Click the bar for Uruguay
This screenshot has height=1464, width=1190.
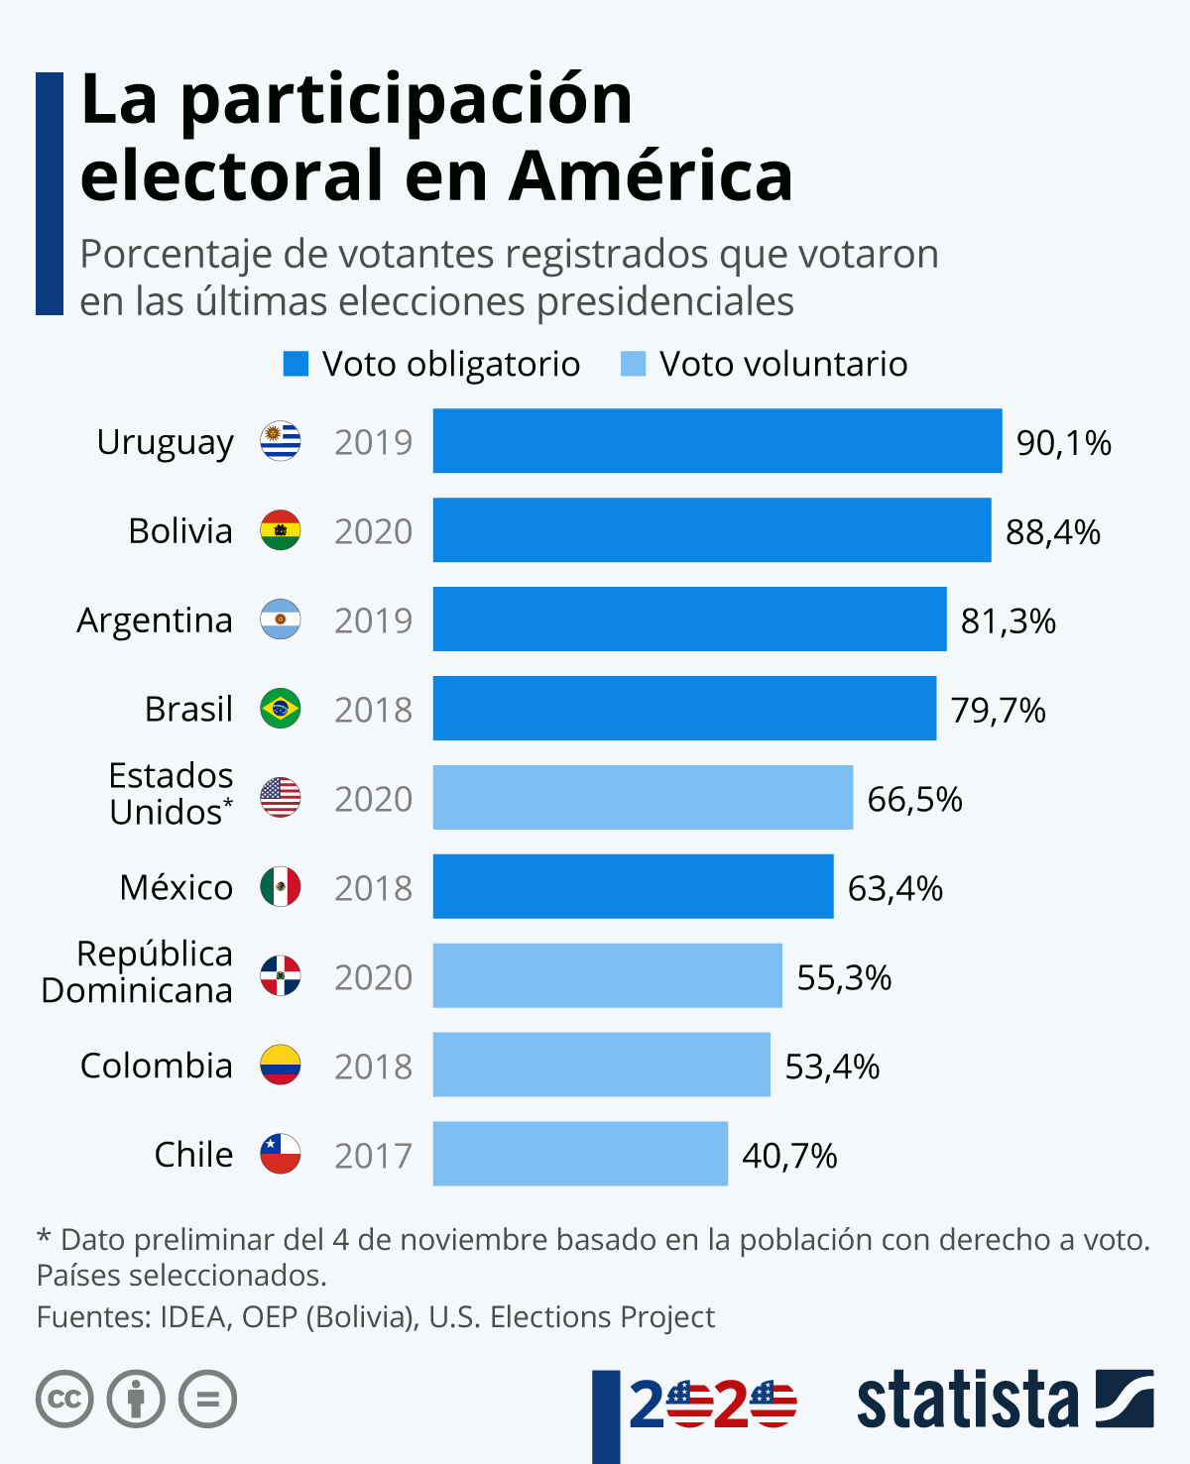717,440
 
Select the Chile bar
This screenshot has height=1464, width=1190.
580,1154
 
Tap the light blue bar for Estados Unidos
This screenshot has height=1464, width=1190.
643,797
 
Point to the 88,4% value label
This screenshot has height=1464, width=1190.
1052,532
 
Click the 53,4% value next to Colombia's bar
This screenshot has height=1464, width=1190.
832,1067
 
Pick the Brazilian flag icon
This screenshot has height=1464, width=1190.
281,708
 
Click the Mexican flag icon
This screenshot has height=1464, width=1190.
281,887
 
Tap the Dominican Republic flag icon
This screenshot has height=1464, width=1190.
281,975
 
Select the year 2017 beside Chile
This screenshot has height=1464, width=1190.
373,1156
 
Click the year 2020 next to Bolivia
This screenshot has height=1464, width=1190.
373,531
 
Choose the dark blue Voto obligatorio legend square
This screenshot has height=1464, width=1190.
296,364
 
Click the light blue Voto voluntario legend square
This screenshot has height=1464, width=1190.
633,364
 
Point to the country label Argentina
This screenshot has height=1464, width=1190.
155,620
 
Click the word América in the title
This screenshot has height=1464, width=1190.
651,175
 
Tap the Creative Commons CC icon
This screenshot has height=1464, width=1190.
64,1399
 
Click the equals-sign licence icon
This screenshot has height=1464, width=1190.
207,1399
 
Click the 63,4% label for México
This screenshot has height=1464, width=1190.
895,888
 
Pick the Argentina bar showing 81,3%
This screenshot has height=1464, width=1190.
689,619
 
